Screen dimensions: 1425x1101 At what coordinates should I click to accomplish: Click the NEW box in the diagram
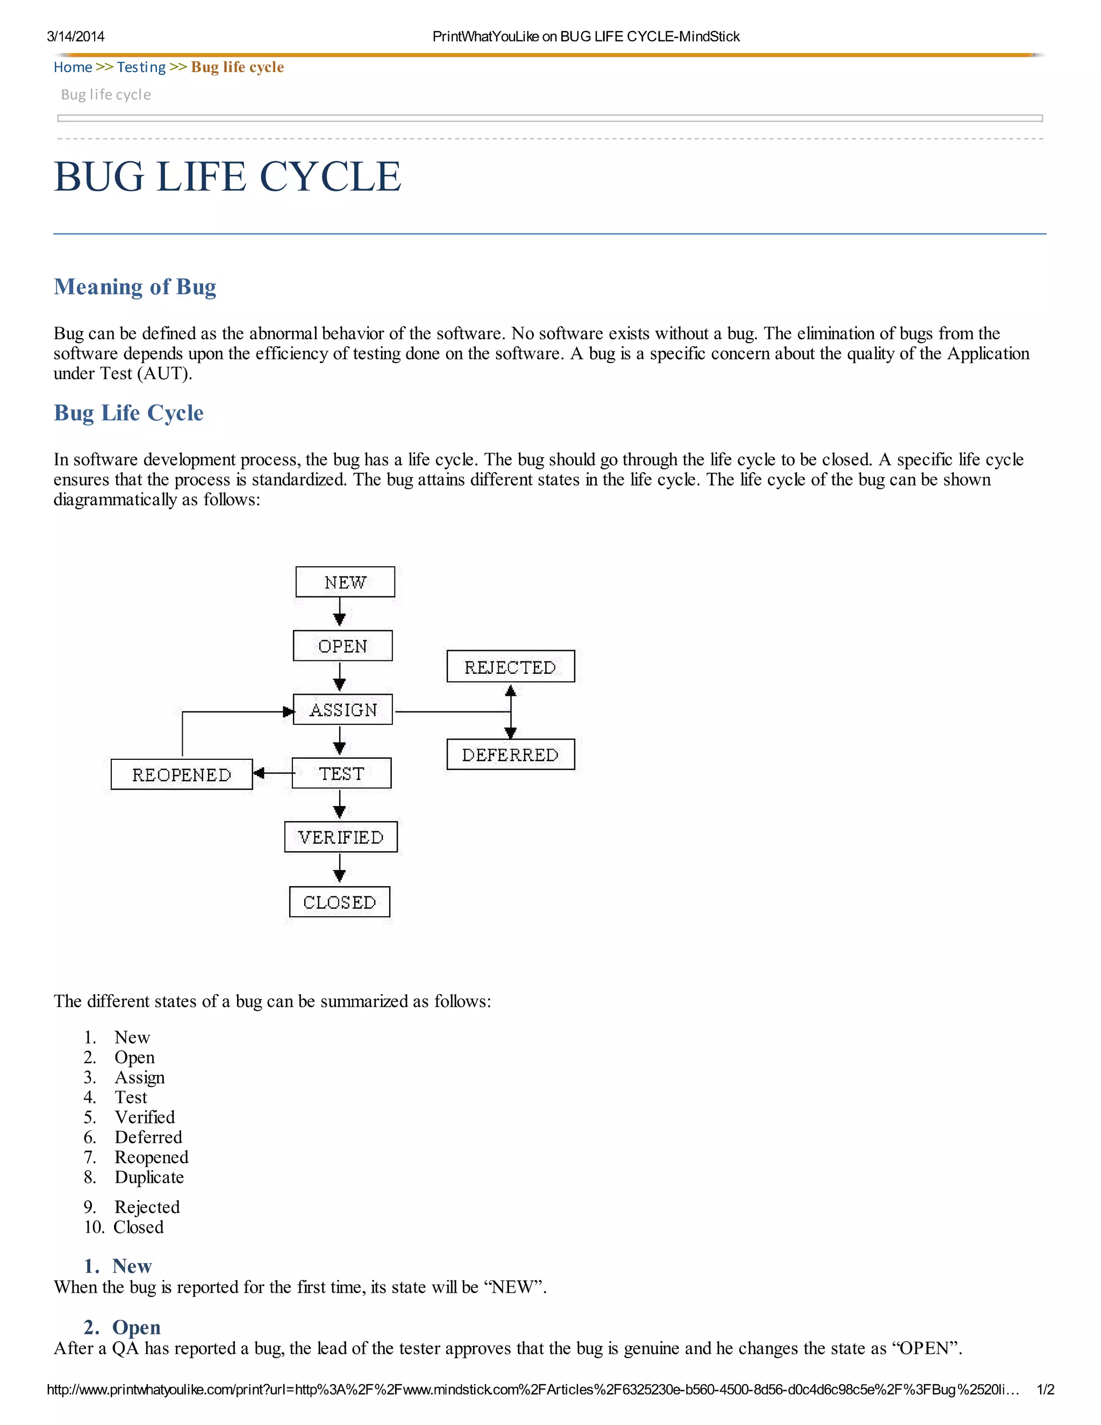pos(345,582)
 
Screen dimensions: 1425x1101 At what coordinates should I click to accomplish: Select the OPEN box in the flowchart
pos(342,646)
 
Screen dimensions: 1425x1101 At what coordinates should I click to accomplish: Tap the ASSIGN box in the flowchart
pos(343,709)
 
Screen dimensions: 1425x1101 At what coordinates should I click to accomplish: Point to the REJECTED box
pos(510,667)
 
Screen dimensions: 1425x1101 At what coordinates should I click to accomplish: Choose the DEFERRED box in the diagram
pos(510,754)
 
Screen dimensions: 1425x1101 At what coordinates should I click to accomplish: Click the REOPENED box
pos(181,774)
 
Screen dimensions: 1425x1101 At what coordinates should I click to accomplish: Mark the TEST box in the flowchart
pos(341,773)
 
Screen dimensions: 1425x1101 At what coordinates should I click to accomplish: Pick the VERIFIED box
pos(340,837)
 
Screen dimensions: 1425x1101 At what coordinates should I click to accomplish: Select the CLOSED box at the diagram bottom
pos(339,902)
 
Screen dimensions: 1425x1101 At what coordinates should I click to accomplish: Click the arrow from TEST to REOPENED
pos(273,773)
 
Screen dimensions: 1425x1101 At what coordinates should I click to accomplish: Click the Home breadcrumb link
pos(73,67)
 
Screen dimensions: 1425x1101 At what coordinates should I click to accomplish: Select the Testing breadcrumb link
pos(141,67)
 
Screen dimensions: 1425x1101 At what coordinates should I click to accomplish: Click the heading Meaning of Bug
pos(135,287)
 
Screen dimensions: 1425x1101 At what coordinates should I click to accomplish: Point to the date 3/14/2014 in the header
pos(76,37)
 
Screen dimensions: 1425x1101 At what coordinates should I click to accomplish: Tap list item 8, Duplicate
pos(149,1177)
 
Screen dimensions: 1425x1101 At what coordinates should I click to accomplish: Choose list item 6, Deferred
pos(148,1137)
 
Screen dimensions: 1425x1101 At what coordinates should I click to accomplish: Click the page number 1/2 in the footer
pos(1045,1390)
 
